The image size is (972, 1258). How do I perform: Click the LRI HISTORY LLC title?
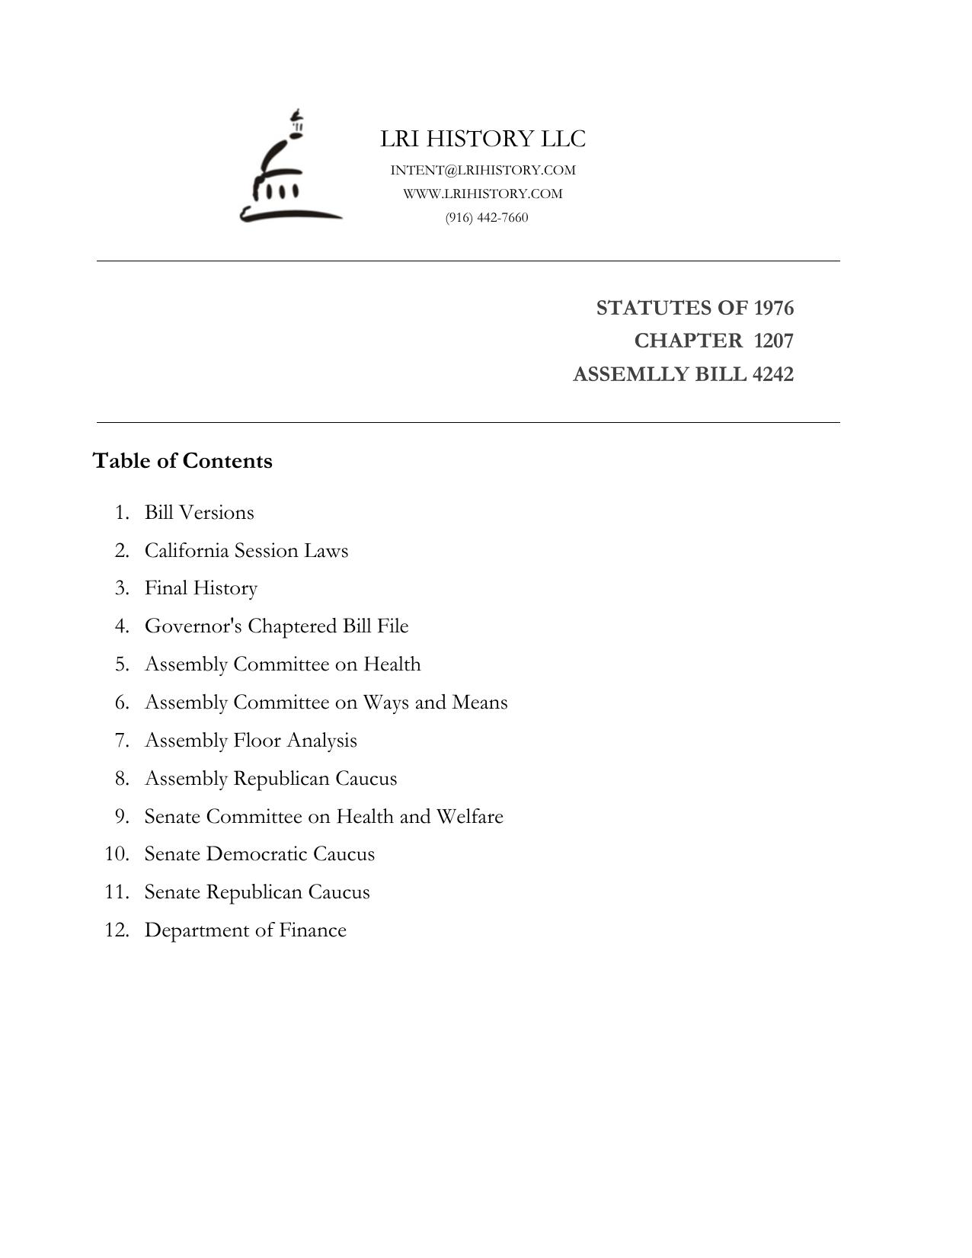(483, 139)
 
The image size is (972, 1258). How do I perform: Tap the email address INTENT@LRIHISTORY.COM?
(483, 170)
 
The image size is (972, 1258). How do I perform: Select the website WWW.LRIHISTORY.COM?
(483, 194)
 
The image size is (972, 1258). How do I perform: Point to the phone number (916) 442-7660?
(487, 218)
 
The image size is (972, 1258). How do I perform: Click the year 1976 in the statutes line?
(773, 308)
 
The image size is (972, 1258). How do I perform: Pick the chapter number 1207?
(773, 341)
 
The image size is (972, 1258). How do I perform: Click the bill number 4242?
(772, 374)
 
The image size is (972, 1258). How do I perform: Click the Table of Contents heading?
(183, 461)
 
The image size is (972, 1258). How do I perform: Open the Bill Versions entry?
(200, 512)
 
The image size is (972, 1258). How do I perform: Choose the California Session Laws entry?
(246, 550)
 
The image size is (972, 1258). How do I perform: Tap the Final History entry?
(201, 588)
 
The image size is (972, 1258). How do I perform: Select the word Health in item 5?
(392, 664)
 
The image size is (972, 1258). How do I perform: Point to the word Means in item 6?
(479, 702)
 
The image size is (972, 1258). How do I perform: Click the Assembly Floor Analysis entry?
(251, 740)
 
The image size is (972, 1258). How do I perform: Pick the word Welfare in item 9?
(469, 816)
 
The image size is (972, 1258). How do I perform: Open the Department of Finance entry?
(245, 930)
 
